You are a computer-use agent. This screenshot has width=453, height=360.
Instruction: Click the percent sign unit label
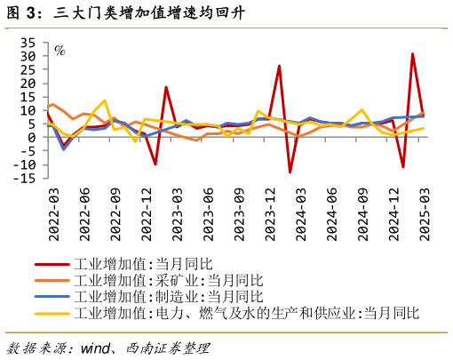click(60, 51)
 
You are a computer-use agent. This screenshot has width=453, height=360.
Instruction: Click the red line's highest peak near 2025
click(412, 54)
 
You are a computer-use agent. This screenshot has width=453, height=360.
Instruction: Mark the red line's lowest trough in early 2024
click(290, 172)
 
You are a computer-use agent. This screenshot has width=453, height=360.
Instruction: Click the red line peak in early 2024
click(279, 66)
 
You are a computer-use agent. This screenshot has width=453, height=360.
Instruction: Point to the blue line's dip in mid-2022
click(63, 148)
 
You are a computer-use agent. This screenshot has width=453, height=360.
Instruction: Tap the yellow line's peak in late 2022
click(104, 100)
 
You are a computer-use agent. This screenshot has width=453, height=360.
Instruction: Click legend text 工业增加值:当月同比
click(142, 264)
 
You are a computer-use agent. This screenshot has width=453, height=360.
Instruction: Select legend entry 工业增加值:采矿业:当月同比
click(168, 280)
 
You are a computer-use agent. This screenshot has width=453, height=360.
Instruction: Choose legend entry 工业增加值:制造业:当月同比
click(168, 296)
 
